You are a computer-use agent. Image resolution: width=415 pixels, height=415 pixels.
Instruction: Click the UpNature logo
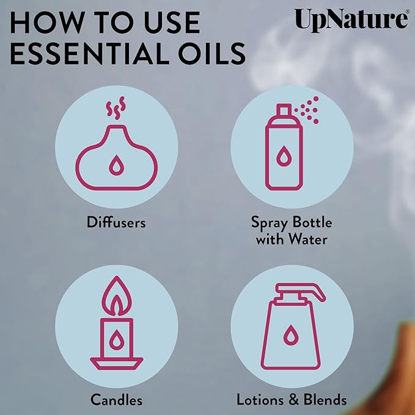[350, 19]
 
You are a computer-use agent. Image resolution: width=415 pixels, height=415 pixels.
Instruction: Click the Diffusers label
[116, 222]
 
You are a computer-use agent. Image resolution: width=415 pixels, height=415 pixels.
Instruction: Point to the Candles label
[116, 400]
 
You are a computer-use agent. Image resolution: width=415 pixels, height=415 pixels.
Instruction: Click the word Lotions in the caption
[259, 400]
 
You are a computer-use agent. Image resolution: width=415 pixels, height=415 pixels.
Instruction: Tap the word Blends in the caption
[324, 400]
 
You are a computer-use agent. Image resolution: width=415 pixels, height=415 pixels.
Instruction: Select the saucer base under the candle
[116, 362]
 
